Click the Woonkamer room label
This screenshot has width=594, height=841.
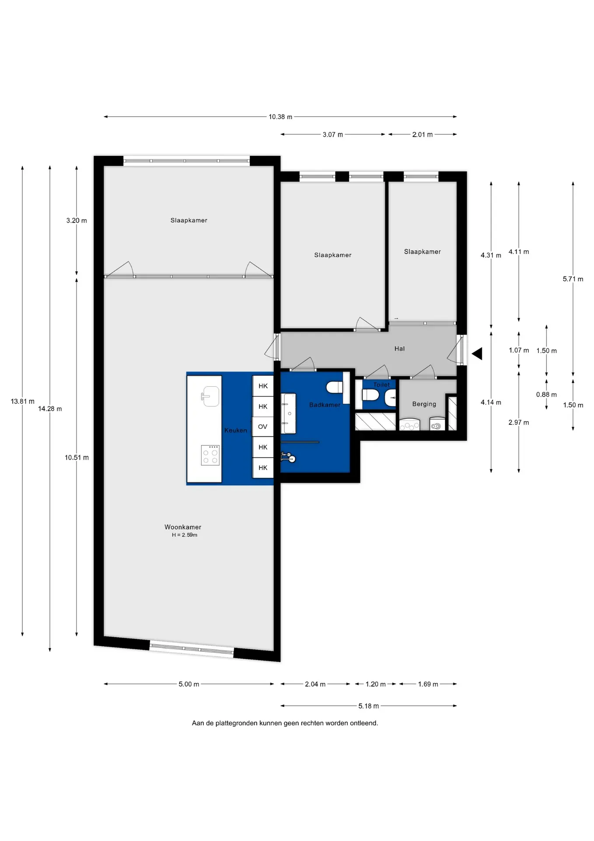(x=183, y=527)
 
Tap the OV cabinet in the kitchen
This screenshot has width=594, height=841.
(x=263, y=427)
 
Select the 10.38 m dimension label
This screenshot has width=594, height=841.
(x=280, y=117)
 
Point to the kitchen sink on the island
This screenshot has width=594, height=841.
(x=210, y=396)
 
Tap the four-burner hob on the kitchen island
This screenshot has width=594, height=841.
(x=210, y=455)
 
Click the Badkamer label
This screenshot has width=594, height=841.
(x=325, y=405)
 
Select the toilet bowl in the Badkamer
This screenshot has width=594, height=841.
(x=335, y=388)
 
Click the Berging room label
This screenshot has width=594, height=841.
(x=424, y=404)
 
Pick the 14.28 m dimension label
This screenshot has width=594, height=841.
(x=50, y=409)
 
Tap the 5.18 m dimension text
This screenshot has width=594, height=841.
(x=369, y=706)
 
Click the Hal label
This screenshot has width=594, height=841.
(x=399, y=349)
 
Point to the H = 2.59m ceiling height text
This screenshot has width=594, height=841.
(x=185, y=535)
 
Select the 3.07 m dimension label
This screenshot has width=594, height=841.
(x=333, y=134)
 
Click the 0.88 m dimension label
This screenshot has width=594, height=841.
(x=546, y=395)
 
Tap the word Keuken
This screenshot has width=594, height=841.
(x=236, y=430)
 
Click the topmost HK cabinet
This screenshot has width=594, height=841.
(x=263, y=386)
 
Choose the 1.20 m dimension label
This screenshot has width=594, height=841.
(x=376, y=684)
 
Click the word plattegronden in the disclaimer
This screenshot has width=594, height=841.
(x=236, y=723)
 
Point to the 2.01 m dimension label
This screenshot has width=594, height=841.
(x=423, y=134)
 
